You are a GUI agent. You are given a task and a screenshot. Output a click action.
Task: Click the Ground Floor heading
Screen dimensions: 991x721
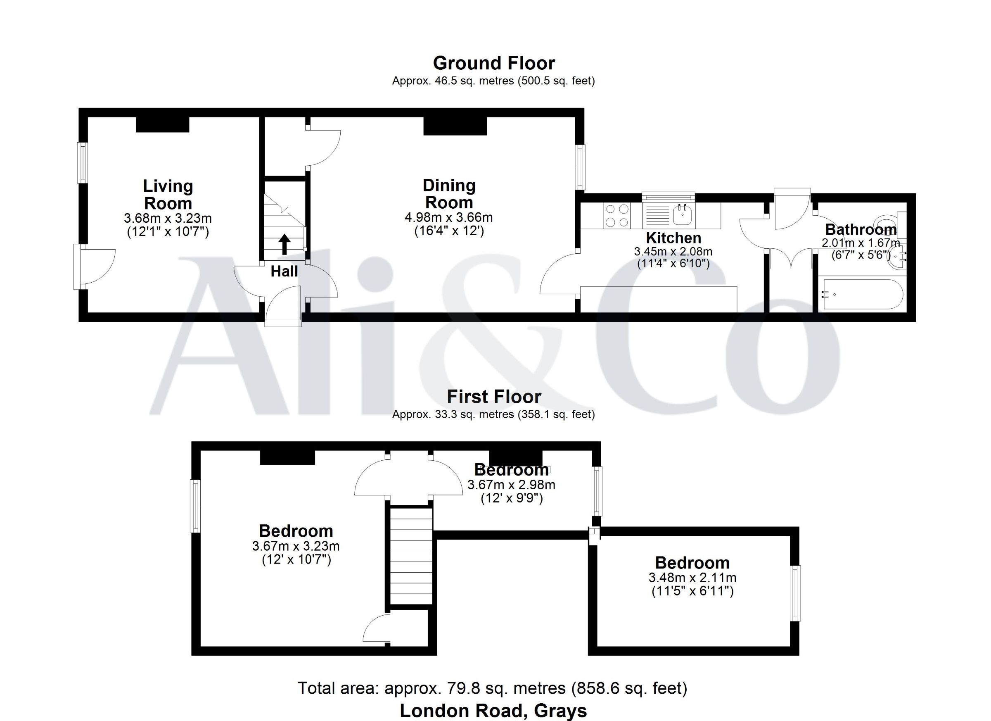494,63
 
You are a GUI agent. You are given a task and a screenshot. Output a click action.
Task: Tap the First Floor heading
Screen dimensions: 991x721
494,397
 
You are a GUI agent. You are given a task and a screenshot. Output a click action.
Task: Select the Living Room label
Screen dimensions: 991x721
168,195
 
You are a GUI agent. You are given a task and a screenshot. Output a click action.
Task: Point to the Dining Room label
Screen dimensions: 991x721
449,194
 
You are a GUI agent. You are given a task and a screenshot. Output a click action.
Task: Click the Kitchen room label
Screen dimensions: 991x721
673,238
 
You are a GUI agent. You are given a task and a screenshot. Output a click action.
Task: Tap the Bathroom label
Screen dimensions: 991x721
861,230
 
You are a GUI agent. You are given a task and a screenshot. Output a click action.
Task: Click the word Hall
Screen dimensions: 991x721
284,271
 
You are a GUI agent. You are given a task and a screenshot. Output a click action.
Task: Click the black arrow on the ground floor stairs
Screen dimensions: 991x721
284,244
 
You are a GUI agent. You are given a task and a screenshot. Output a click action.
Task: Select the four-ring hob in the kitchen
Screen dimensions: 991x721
616,216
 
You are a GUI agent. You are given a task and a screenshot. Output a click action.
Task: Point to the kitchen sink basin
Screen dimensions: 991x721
681,215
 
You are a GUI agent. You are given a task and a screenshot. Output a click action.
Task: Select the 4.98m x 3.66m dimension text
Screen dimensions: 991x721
449,217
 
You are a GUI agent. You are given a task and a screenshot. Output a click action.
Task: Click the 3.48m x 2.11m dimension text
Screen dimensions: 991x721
692,578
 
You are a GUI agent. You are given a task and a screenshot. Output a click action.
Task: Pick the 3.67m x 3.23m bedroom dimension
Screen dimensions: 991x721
296,546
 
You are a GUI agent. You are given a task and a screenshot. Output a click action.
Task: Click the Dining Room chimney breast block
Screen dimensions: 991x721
455,126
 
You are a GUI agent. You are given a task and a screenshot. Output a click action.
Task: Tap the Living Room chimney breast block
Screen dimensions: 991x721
163,125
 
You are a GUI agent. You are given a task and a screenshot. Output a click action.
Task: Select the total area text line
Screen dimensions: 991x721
493,688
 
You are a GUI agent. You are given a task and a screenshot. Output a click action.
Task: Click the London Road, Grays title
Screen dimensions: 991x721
493,711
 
